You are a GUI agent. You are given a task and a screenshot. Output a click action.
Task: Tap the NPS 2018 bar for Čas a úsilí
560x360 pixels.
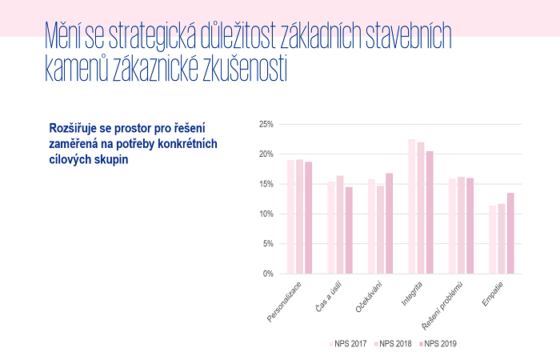(x=340, y=225)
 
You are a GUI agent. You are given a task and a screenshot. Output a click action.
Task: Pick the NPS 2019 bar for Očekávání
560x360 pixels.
(x=389, y=224)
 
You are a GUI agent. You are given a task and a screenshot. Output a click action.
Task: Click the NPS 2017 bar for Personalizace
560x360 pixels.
(x=291, y=217)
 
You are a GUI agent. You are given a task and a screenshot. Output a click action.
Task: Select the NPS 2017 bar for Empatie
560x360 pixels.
(x=493, y=240)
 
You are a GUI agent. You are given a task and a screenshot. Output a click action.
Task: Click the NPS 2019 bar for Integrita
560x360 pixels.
(x=430, y=213)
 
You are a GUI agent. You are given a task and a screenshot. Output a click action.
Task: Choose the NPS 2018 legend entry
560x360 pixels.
(x=394, y=343)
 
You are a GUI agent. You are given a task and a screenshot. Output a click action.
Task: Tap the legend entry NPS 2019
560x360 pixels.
(x=440, y=343)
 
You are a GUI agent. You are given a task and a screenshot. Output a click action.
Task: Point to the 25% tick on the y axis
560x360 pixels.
(x=266, y=124)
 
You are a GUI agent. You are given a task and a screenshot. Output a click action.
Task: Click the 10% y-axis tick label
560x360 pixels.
(x=266, y=214)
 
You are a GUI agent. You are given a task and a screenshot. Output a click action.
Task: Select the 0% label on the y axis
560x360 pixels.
(x=269, y=274)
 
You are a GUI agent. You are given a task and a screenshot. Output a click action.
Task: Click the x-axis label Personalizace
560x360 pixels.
(x=285, y=301)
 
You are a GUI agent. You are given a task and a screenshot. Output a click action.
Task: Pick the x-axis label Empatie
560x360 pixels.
(x=494, y=294)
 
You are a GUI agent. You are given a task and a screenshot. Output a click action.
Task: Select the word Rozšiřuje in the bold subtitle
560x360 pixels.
(x=78, y=127)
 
